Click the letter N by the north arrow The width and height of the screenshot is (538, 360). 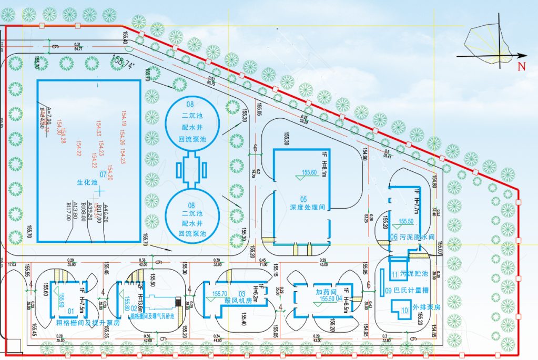pos(522,66)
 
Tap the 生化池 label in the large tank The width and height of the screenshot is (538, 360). pos(88,182)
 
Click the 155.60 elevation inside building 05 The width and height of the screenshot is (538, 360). pos(309,172)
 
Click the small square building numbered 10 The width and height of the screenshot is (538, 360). pos(404,310)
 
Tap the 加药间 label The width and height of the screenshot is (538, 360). pos(326,291)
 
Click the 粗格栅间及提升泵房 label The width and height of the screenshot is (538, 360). pos(84,322)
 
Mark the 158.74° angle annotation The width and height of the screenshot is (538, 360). pos(123,63)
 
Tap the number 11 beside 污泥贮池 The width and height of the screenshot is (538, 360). pos(394,274)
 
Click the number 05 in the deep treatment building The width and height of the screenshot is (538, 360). pos(303,199)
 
